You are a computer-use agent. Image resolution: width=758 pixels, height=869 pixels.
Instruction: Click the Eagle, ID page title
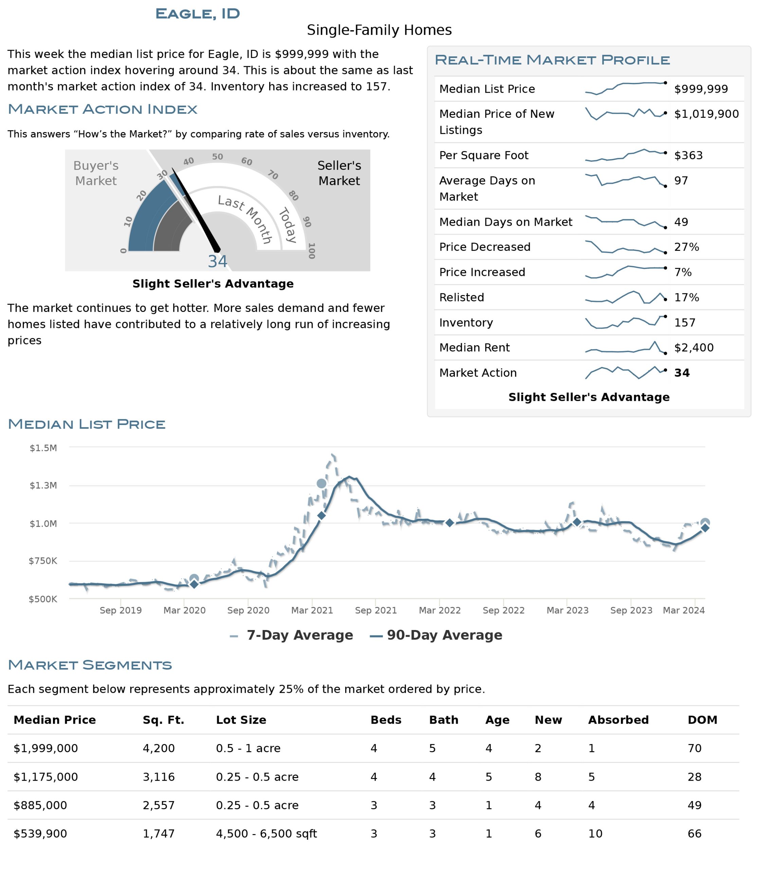pyautogui.click(x=198, y=14)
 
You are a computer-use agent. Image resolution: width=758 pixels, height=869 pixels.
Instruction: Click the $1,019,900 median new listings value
pyautogui.click(x=706, y=114)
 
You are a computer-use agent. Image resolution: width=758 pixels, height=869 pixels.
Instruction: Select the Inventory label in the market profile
pyautogui.click(x=466, y=322)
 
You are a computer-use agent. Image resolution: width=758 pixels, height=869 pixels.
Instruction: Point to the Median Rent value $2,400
pyautogui.click(x=694, y=347)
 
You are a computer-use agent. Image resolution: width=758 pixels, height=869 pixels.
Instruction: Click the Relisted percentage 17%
pyautogui.click(x=686, y=297)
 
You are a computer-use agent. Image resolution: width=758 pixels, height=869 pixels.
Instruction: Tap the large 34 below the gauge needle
pyautogui.click(x=217, y=261)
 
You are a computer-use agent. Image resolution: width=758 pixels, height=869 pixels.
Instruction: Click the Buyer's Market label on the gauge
pyautogui.click(x=96, y=173)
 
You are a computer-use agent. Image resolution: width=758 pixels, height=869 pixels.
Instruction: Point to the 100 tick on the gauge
pyautogui.click(x=312, y=251)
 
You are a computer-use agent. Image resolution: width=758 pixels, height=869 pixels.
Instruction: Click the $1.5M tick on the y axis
pyautogui.click(x=43, y=448)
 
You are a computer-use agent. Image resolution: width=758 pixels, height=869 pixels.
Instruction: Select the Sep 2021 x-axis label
pyautogui.click(x=376, y=610)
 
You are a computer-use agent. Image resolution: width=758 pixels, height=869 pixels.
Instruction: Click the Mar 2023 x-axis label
pyautogui.click(x=567, y=610)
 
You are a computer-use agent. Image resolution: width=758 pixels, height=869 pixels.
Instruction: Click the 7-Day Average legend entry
pyautogui.click(x=292, y=635)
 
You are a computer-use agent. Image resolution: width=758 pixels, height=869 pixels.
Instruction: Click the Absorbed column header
pyautogui.click(x=618, y=720)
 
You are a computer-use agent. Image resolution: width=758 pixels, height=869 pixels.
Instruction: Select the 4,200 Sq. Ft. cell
pyautogui.click(x=159, y=748)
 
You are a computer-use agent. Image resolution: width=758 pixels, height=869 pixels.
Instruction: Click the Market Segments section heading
pyautogui.click(x=90, y=665)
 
